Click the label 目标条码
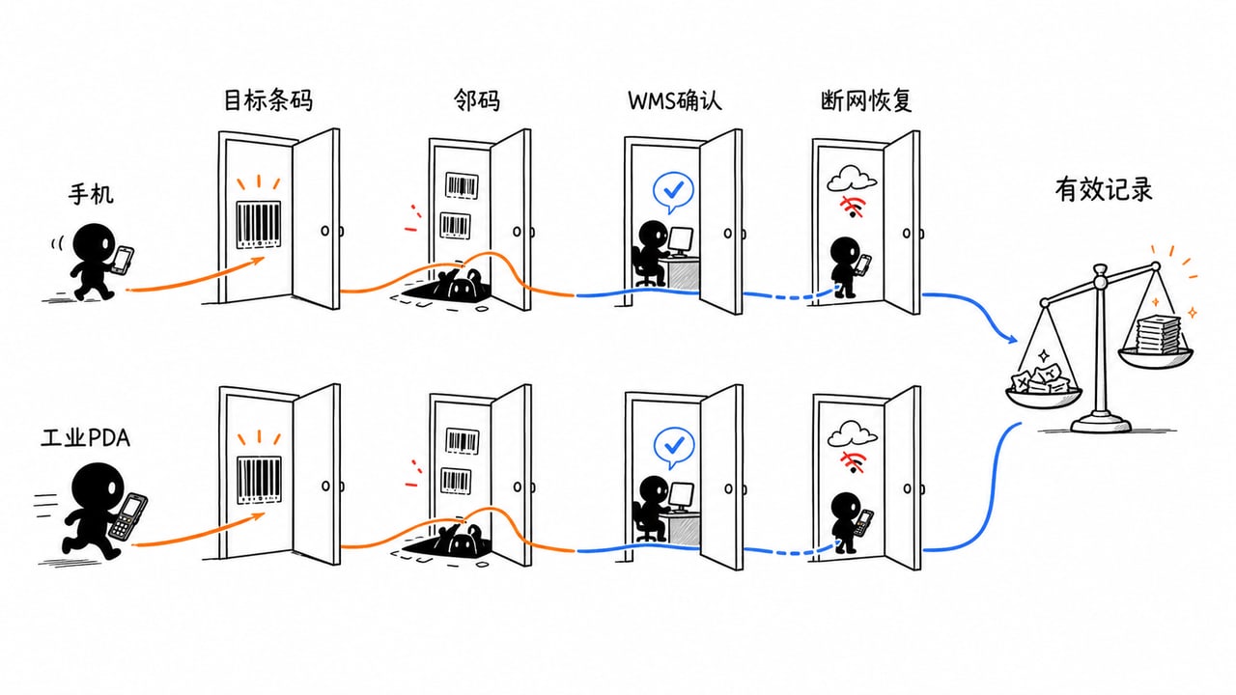(x=268, y=101)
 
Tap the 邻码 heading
(x=477, y=101)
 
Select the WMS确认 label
(x=675, y=101)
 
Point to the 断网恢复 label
(x=866, y=101)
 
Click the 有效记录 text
(x=1104, y=190)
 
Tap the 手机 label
(x=91, y=194)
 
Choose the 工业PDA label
(x=86, y=438)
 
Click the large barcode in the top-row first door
(x=258, y=225)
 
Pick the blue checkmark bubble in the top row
(x=673, y=192)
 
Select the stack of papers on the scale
(x=1158, y=334)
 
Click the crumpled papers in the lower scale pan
(x=1041, y=378)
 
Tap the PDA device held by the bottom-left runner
(x=128, y=516)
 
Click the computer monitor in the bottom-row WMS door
(x=681, y=496)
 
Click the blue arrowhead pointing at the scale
(x=1011, y=339)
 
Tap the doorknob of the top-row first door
(x=325, y=231)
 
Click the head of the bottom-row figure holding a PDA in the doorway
(x=845, y=507)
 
